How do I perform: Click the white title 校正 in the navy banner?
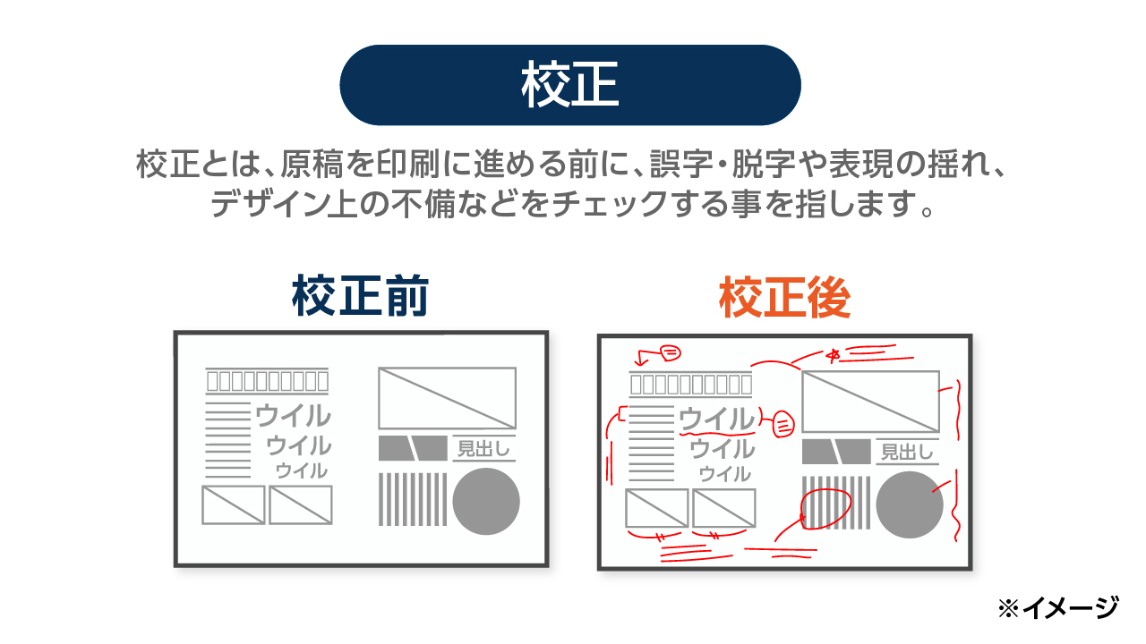point(569,86)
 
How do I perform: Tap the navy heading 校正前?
point(360,298)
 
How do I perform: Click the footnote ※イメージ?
point(1057,608)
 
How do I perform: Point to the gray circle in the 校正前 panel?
point(486,501)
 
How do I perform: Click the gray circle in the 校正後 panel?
point(910,504)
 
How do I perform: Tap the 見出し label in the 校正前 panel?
point(483,448)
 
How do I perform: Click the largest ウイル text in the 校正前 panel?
point(293,415)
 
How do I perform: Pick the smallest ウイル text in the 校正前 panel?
point(301,470)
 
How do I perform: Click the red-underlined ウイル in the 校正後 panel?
point(716,419)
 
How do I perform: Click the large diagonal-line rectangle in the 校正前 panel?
point(447,398)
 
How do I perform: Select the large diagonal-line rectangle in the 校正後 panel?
point(870,402)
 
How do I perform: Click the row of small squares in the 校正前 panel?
point(267,381)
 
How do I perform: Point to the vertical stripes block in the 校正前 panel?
point(413,499)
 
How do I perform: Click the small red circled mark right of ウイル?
point(783,423)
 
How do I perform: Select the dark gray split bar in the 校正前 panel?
point(413,448)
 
